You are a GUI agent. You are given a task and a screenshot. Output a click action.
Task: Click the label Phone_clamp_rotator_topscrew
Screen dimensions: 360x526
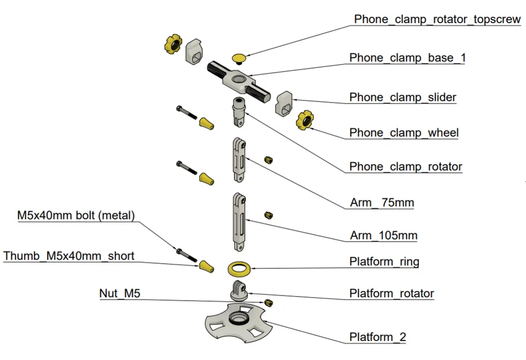point(437,19)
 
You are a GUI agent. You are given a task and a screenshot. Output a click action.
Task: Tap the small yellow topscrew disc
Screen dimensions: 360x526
point(239,57)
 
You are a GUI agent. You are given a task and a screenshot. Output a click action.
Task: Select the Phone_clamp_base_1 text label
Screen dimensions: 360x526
point(407,58)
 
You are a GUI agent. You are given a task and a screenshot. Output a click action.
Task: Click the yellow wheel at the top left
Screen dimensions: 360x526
point(172,43)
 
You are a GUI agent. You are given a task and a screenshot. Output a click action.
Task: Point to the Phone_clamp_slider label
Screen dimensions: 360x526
point(403,97)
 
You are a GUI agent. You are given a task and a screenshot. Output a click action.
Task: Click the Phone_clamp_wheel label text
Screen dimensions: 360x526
point(403,133)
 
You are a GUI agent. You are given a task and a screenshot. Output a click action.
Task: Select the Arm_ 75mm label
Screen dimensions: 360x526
point(382,203)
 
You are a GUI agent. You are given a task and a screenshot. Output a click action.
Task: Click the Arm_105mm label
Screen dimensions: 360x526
point(383,236)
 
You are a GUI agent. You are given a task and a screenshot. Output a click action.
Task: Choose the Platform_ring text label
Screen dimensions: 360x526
point(384,262)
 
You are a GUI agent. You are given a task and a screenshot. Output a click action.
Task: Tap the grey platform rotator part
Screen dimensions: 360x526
point(238,291)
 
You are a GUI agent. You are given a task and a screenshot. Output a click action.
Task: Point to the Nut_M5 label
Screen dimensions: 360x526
point(120,294)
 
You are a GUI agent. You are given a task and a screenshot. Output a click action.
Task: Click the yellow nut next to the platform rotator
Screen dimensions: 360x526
point(268,302)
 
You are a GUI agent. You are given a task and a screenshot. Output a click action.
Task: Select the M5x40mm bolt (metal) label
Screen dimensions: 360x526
point(75,216)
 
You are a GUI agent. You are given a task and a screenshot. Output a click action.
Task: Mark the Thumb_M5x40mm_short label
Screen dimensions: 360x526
point(68,256)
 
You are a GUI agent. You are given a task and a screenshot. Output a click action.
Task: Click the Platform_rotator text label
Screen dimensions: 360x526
point(391,294)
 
